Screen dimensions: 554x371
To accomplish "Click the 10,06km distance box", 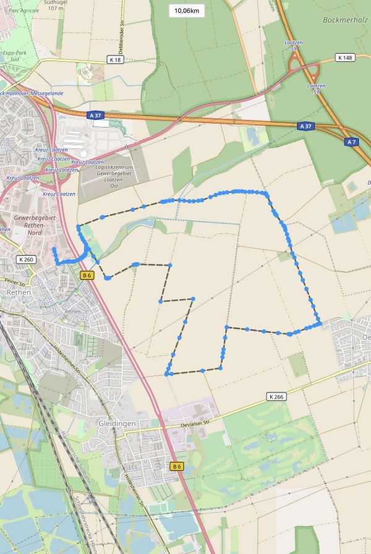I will tap(186, 11).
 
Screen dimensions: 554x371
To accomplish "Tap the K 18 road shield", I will tap(115, 60).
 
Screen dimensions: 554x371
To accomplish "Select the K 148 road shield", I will tap(345, 58).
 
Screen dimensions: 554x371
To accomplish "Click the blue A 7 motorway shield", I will tap(351, 142).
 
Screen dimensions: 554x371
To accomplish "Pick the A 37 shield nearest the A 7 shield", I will tap(304, 126).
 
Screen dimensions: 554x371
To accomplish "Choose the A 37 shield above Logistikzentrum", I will tap(95, 114).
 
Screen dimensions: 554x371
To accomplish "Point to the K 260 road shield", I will tap(26, 260).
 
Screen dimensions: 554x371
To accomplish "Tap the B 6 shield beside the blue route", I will tap(87, 275).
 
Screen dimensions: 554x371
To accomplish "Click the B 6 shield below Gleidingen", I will tap(177, 466).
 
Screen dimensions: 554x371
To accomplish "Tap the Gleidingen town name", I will tap(116, 424).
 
